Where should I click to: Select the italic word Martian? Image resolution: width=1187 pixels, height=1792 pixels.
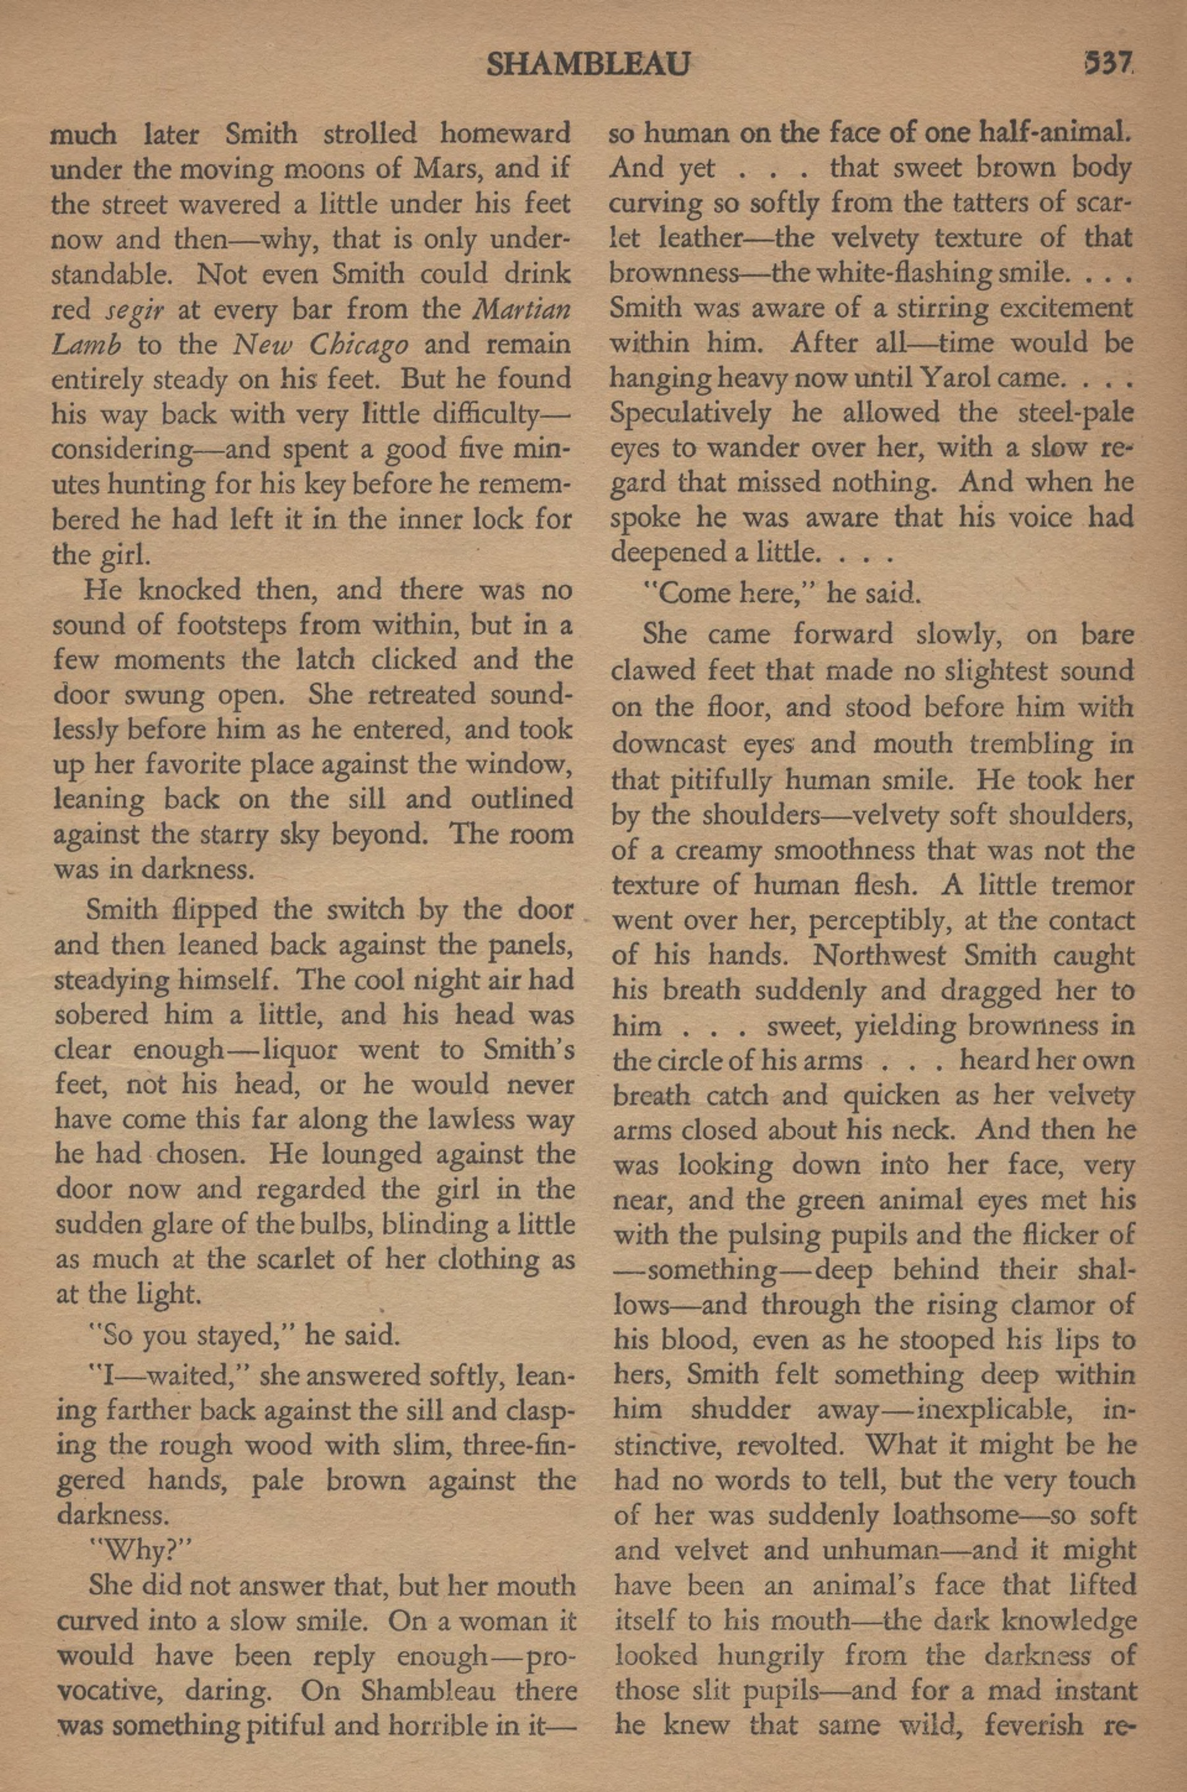point(522,309)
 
